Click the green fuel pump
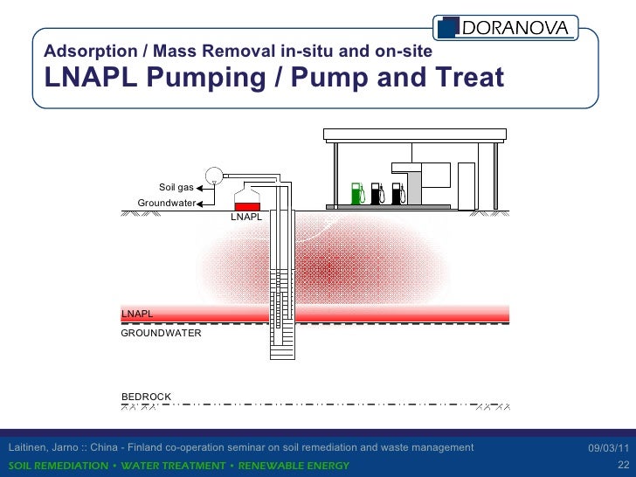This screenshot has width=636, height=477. [x=356, y=193]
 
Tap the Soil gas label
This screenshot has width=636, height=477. [x=176, y=187]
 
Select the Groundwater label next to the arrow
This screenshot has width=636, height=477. [x=166, y=203]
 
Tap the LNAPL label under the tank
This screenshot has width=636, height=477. [x=245, y=217]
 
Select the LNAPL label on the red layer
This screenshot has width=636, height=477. [x=137, y=313]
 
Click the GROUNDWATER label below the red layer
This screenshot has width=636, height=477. [x=161, y=333]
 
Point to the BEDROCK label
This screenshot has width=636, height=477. [x=146, y=397]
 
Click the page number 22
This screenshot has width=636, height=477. [x=623, y=465]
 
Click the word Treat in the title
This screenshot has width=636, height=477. [x=468, y=79]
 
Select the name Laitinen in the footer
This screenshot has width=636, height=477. [x=27, y=448]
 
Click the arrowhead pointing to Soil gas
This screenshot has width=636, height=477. [x=200, y=187]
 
